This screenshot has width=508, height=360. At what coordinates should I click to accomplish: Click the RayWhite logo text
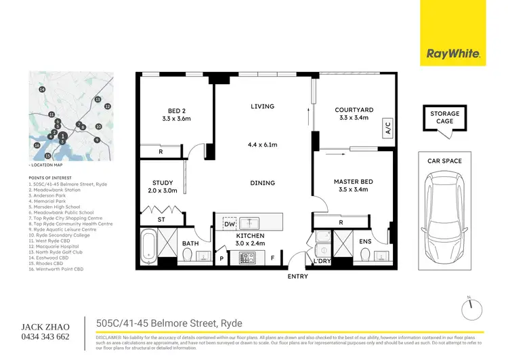coord(453,54)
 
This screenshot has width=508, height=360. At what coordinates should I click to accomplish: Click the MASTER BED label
coord(354,182)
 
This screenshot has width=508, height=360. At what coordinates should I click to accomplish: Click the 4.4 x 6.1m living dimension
coord(261,144)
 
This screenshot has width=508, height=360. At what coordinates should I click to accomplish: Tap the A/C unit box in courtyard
coord(388,127)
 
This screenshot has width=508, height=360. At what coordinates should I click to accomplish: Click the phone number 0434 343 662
coord(45,336)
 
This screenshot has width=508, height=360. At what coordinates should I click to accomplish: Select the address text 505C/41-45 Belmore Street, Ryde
coord(169,323)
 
